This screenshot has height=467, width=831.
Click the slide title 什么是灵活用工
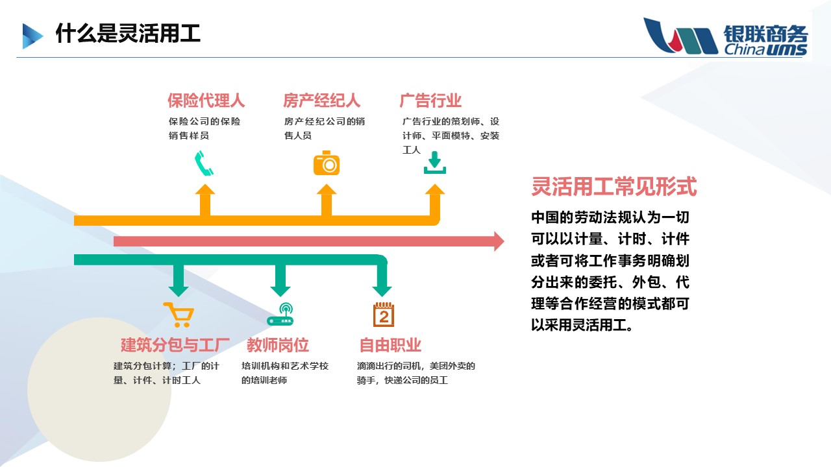tap(128, 34)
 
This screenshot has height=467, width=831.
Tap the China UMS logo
tap(725, 37)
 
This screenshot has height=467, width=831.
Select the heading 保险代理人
tap(206, 101)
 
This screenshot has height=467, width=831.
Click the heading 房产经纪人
tap(321, 101)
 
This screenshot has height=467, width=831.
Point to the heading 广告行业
tap(430, 101)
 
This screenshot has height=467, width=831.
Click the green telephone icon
tap(204, 163)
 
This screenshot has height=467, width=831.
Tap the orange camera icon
tap(326, 163)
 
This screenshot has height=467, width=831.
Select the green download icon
tap(434, 162)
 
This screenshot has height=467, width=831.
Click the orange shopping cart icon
tap(178, 315)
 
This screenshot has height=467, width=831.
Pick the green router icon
tap(280, 315)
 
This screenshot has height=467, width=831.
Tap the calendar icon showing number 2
tap(384, 315)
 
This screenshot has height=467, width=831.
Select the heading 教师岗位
tap(277, 344)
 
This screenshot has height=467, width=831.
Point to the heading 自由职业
tap(390, 344)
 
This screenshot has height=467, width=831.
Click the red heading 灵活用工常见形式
tap(614, 187)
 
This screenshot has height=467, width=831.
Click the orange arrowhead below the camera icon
tap(327, 191)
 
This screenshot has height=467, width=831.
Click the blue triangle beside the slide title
tap(32, 36)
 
